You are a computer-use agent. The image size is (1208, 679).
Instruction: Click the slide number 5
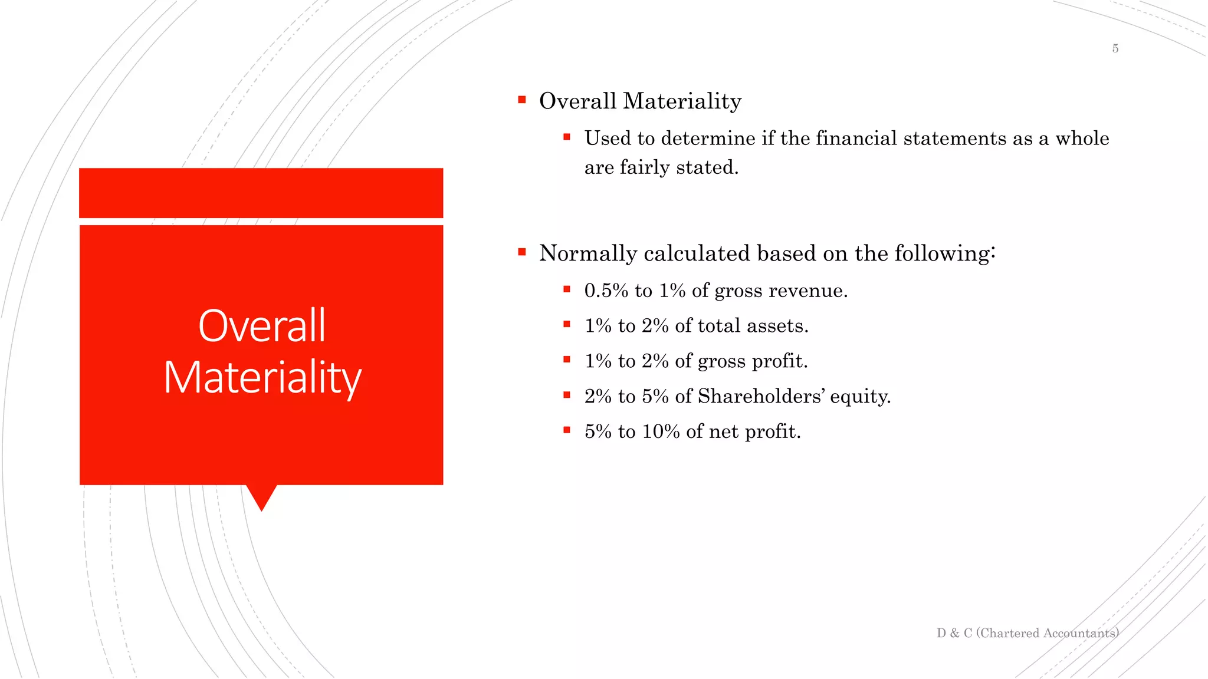point(1115,48)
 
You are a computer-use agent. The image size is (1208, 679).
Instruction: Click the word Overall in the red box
point(262,326)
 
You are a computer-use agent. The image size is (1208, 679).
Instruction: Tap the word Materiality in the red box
point(262,378)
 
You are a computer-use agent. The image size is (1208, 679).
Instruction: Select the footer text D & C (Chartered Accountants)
point(1027,633)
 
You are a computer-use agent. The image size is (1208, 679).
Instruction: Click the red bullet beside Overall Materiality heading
point(521,100)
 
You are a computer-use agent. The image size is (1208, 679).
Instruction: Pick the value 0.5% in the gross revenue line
point(606,291)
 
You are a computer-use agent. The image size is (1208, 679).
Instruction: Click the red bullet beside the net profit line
point(567,430)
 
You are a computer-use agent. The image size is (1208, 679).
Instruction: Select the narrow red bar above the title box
point(261,193)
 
